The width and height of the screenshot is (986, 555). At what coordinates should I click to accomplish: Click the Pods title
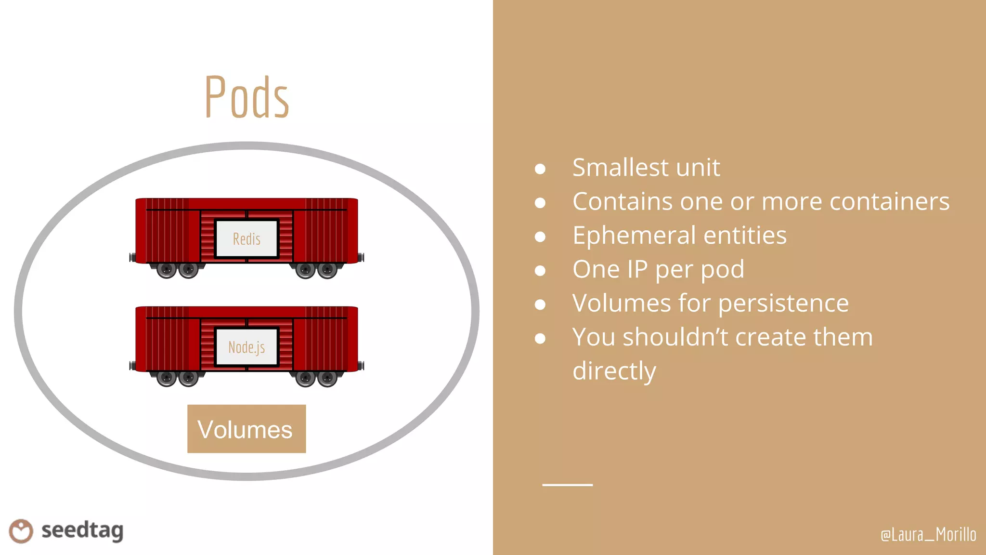246,97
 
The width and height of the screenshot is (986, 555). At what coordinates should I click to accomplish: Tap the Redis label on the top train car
246,239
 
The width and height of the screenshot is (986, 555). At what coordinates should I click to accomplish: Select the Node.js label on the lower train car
246,347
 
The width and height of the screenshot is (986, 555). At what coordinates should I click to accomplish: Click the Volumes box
246,429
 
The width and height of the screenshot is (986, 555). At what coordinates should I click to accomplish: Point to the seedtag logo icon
21,531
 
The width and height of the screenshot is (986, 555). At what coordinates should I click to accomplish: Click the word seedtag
82,531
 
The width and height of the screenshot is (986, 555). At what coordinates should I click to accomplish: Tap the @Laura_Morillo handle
928,534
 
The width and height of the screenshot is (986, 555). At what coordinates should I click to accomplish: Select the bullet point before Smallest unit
540,169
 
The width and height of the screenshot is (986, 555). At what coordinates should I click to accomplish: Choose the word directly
614,371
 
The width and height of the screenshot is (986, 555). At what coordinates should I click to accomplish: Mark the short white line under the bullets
567,485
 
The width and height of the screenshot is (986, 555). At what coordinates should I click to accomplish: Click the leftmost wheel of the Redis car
167,270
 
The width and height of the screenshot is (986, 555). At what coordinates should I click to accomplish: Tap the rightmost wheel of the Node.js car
327,379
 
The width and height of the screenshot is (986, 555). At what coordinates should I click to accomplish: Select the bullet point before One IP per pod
540,270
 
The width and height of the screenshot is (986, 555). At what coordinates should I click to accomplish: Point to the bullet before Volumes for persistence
540,304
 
